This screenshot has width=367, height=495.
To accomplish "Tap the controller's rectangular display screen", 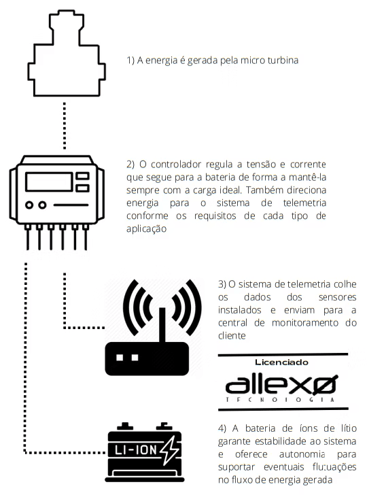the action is pos(49,182).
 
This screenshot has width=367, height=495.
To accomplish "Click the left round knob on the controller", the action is pos(29,205).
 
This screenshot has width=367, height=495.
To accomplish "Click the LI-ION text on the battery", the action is pos(135,450).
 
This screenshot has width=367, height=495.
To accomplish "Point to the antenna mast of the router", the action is pos(162,325).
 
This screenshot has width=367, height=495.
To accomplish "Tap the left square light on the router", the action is pos(120,358).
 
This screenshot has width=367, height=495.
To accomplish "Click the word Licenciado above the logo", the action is pos(281,362).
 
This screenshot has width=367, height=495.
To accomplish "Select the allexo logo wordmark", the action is pos(281,385).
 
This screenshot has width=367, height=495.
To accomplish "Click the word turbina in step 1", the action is pos(283,61).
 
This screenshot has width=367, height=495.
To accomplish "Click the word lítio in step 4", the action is pos(349,428).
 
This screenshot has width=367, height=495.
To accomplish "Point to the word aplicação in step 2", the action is pos(146,229).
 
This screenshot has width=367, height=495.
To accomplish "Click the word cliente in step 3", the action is pos(232,336).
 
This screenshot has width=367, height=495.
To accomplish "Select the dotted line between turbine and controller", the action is pos(65,126).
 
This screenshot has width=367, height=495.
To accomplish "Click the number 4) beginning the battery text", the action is pos(222,428).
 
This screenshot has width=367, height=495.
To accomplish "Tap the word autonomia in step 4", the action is pos(302,454).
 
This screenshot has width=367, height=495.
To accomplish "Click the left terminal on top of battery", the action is pos(125,426).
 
